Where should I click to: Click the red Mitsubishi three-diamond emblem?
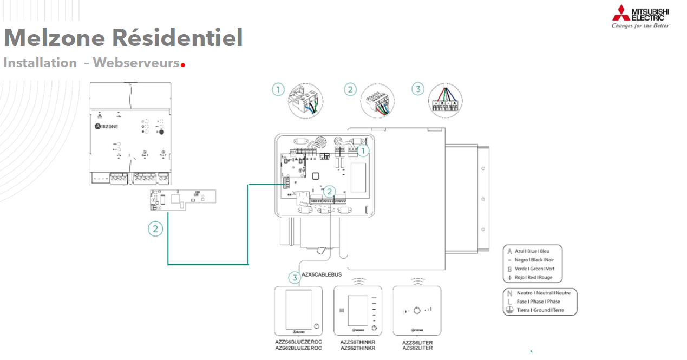pos(621,12)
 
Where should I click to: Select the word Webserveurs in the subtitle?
pos(136,63)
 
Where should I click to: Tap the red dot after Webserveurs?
pos(183,65)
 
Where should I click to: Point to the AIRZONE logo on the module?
pos(107,126)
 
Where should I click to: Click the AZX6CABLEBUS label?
pos(321,275)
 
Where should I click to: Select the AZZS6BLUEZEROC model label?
pos(298,342)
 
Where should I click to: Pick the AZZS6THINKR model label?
pos(358,342)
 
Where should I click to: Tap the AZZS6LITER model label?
pos(417,342)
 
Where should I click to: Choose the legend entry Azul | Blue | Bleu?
pos(532,252)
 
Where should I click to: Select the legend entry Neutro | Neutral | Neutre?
pos(543,293)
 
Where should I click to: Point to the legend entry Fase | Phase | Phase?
pos(538,302)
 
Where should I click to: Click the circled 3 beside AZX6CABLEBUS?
pos(294,278)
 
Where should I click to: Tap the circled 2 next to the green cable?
pos(155,229)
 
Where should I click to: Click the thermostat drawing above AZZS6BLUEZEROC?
pos(298,311)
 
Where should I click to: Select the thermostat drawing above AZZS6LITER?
pos(417,311)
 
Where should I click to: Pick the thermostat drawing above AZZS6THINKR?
pos(358,311)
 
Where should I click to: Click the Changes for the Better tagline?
pos(641,25)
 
